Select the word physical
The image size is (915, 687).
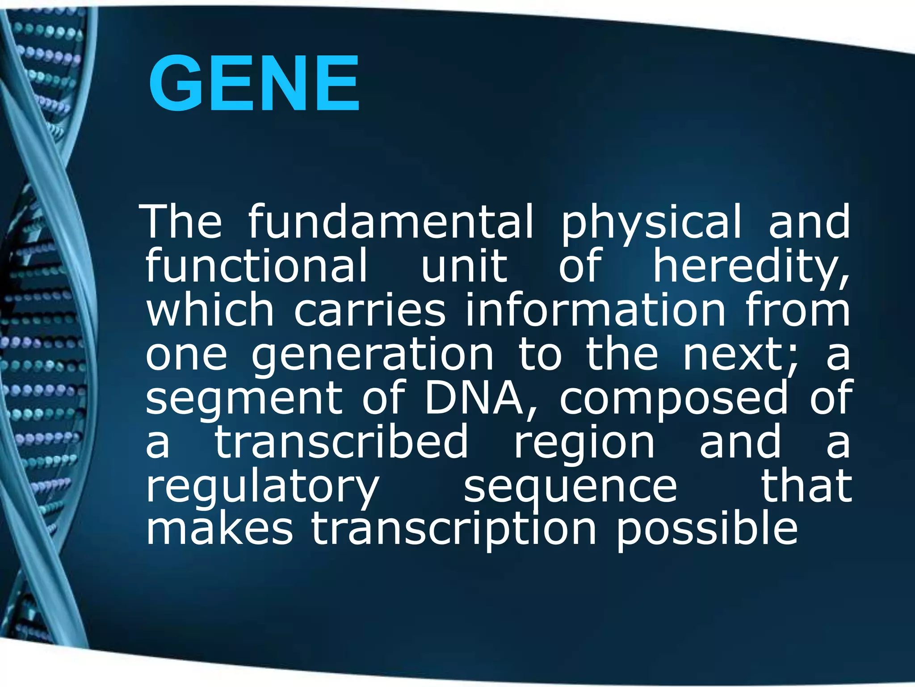point(651,222)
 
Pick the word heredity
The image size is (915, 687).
point(751,267)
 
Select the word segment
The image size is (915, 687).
point(243,398)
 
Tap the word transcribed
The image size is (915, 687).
point(342,441)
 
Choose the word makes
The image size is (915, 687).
point(219,529)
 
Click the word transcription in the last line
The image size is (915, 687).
point(454,530)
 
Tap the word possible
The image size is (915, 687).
point(707,530)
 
